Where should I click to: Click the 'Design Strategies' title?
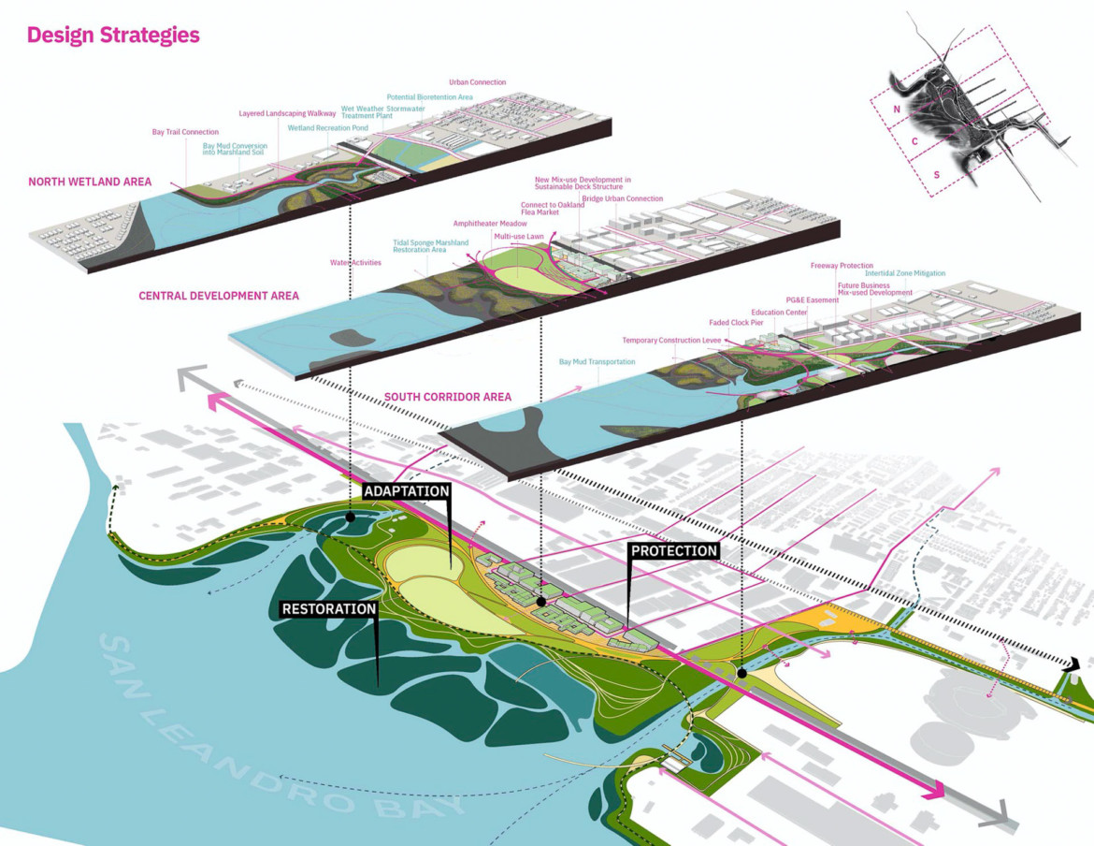pyautogui.click(x=113, y=36)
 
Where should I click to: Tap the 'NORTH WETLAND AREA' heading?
pyautogui.click(x=90, y=182)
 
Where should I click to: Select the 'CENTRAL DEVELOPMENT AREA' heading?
pyautogui.click(x=219, y=296)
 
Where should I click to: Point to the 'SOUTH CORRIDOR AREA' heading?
pyautogui.click(x=448, y=397)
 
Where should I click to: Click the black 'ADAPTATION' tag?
pyautogui.click(x=407, y=491)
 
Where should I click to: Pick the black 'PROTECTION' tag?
pyautogui.click(x=674, y=551)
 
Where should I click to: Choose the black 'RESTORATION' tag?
pyautogui.click(x=329, y=609)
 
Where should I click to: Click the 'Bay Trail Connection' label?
pyautogui.click(x=185, y=132)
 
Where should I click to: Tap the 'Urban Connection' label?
pyautogui.click(x=477, y=82)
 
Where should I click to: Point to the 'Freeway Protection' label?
pyautogui.click(x=842, y=266)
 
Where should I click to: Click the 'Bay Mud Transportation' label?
pyautogui.click(x=597, y=361)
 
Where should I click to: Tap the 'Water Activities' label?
pyautogui.click(x=355, y=263)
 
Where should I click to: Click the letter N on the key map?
pyautogui.click(x=897, y=109)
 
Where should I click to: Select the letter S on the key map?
pyautogui.click(x=935, y=175)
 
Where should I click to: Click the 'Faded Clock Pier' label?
pyautogui.click(x=738, y=322)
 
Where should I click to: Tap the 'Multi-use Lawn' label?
pyautogui.click(x=519, y=237)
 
